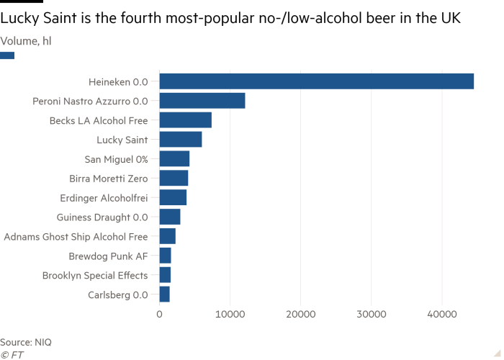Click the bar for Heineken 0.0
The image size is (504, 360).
pyautogui.click(x=317, y=81)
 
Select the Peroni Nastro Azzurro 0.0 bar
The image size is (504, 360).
pyautogui.click(x=202, y=101)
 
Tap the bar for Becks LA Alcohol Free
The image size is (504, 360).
pyautogui.click(x=186, y=120)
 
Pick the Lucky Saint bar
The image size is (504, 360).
pyautogui.click(x=181, y=140)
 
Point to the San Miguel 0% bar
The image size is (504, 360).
pyautogui.click(x=175, y=159)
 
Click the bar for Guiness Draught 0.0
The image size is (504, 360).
pyautogui.click(x=170, y=217)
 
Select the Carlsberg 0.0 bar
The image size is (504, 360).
pyautogui.click(x=165, y=294)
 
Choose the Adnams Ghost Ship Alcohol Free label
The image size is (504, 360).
pyautogui.click(x=76, y=236)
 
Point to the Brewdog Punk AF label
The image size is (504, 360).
pyautogui.click(x=109, y=256)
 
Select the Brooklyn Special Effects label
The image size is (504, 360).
pyautogui.click(x=95, y=275)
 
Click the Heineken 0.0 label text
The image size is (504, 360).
pyautogui.click(x=117, y=81)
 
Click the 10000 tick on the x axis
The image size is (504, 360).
pyautogui.click(x=230, y=315)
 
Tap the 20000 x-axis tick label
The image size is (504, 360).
pyautogui.click(x=300, y=315)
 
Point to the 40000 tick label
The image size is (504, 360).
pyautogui.click(x=441, y=315)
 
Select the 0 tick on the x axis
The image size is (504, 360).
pyautogui.click(x=160, y=315)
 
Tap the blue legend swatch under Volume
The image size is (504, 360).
pyautogui.click(x=7, y=55)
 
